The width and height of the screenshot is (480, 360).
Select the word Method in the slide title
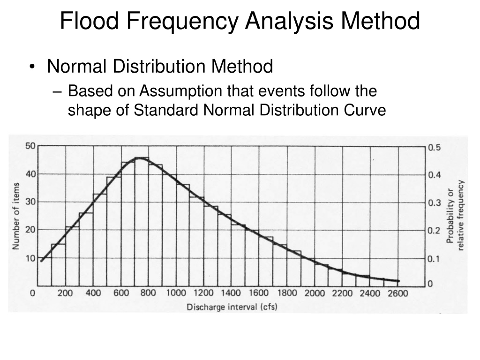pyautogui.click(x=380, y=21)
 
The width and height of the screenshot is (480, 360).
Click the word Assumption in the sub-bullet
pyautogui.click(x=181, y=91)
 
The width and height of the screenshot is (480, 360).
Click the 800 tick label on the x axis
pyautogui.click(x=148, y=293)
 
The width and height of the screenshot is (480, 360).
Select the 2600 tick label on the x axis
pyautogui.click(x=397, y=293)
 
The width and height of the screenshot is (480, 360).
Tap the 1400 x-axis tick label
pyautogui.click(x=231, y=293)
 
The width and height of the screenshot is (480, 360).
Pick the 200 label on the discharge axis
pyautogui.click(x=65, y=293)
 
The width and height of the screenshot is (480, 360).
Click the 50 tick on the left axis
pyautogui.click(x=30, y=146)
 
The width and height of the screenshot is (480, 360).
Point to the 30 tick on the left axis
pyautogui.click(x=30, y=202)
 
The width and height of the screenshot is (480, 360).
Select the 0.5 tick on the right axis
pyautogui.click(x=435, y=148)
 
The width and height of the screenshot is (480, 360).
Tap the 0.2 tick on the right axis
pyautogui.click(x=435, y=231)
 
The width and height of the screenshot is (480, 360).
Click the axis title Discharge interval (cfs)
pyautogui.click(x=232, y=307)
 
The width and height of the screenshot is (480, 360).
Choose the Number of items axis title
pyautogui.click(x=16, y=216)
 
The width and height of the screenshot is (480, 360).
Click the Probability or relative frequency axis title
pyautogui.click(x=456, y=216)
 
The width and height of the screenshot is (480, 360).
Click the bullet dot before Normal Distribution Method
pyautogui.click(x=32, y=67)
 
